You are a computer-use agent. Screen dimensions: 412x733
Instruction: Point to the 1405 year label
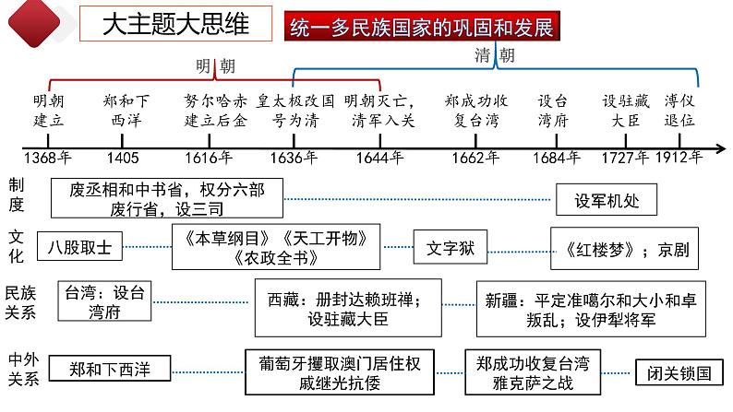coord(122,157)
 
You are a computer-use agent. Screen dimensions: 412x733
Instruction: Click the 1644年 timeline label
coord(379,157)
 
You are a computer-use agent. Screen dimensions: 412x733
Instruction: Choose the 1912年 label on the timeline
coord(679,157)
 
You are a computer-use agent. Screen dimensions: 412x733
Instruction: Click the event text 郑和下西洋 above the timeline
coord(127,110)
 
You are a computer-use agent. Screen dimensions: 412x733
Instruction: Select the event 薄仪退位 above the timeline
coord(679,110)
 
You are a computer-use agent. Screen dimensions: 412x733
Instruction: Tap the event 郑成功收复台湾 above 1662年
coord(477,110)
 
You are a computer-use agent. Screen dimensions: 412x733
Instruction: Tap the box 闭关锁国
coord(679,372)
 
